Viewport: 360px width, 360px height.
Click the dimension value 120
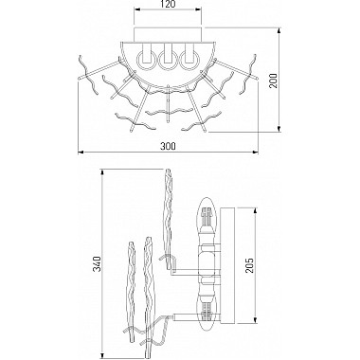tap(168, 4)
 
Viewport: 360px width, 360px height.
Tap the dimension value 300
tap(168, 146)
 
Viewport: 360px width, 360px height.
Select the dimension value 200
tap(273, 81)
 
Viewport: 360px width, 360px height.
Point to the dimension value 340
tap(98, 264)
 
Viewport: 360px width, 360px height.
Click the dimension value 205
tap(249, 265)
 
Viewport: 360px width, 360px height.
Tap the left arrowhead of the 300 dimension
tap(81, 153)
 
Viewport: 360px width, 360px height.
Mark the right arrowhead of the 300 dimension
tap(256, 153)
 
